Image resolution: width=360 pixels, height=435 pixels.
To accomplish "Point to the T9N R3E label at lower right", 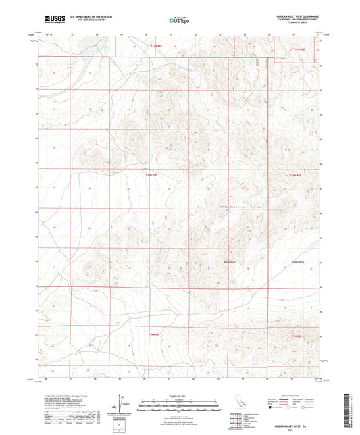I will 298,336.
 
